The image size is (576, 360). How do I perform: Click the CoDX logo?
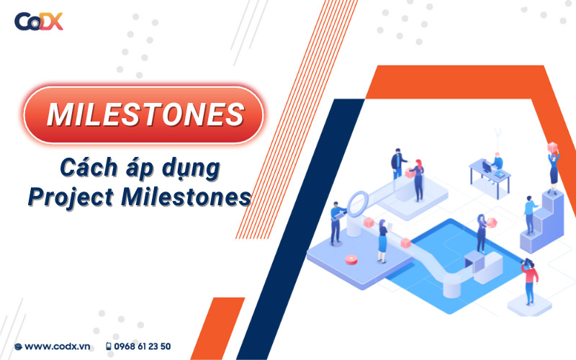[x=39, y=21]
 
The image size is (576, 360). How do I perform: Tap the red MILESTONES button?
[x=144, y=114]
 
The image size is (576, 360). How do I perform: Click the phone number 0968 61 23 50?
[x=143, y=346]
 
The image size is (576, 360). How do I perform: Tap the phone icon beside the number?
[x=109, y=346]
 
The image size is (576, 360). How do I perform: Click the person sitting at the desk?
[x=498, y=162]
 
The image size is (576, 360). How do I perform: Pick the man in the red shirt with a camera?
[x=531, y=282]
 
